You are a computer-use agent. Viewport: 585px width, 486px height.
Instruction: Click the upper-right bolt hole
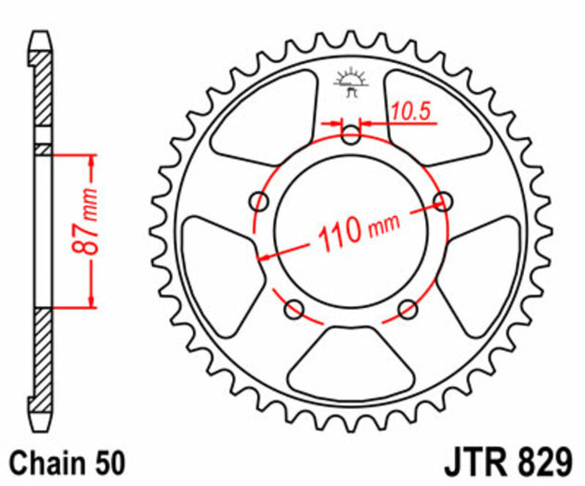click(x=444, y=201)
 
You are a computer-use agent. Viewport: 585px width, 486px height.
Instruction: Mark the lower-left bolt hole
click(x=294, y=309)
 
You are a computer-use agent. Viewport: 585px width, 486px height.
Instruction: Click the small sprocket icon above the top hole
click(x=350, y=83)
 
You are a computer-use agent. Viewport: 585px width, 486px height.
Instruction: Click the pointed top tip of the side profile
click(x=42, y=37)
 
